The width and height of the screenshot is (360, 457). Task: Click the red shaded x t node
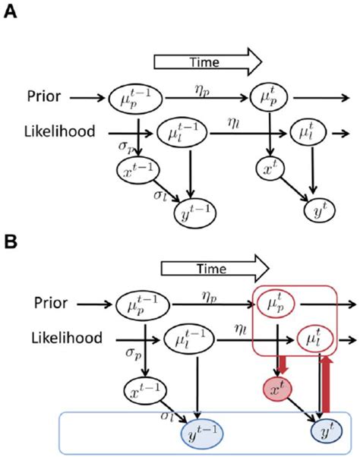point(275,389)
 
